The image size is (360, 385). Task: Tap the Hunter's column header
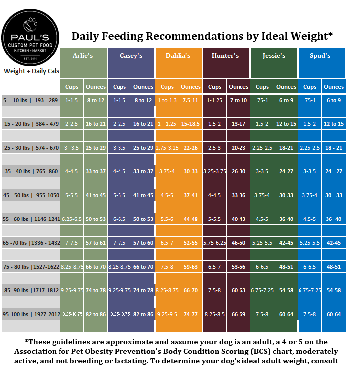[x=225, y=55]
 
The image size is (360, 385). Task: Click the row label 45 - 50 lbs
[x=31, y=195]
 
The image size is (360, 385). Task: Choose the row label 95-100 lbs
[x=31, y=314]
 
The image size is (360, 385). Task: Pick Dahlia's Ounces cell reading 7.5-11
[x=190, y=100]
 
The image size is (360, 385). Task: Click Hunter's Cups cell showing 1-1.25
[x=215, y=100]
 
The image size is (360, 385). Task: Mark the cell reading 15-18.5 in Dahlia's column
[x=190, y=124]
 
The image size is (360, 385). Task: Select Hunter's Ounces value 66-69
[x=238, y=314]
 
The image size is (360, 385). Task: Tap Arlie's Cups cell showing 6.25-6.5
[x=72, y=219]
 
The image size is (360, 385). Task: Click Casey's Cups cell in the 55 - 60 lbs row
[x=120, y=219]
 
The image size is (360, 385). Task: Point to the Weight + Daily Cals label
[x=31, y=71]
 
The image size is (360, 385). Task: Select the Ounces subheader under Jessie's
[x=286, y=87]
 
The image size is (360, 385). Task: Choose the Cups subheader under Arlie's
[x=72, y=87]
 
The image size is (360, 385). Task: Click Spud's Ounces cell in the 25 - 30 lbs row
[x=333, y=148]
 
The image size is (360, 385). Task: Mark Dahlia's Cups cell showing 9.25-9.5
[x=167, y=314]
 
